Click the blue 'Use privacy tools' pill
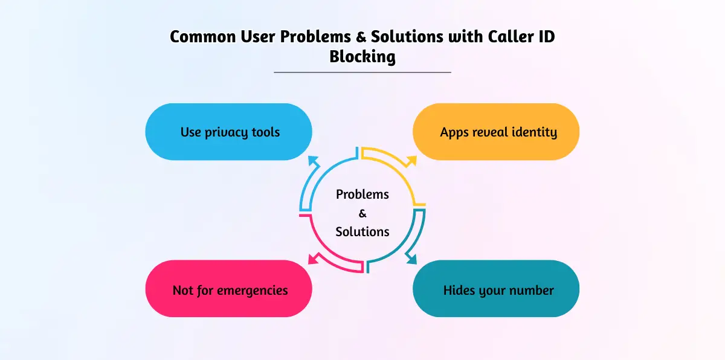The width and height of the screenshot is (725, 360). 228,132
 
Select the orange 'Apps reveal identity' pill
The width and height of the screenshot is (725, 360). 495,132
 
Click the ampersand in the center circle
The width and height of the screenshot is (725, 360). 362,213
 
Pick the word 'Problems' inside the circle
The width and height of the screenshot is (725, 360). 362,194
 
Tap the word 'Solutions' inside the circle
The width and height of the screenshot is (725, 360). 362,231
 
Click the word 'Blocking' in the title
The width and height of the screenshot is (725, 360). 362,57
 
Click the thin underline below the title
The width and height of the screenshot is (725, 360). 362,72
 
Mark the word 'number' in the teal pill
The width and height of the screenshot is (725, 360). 532,290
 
